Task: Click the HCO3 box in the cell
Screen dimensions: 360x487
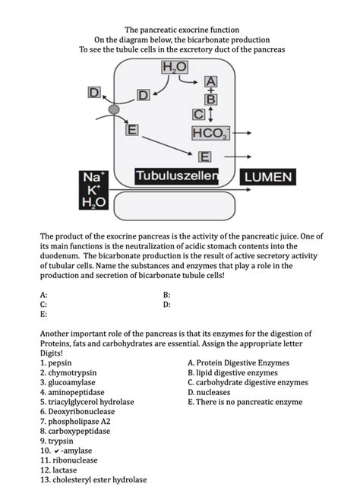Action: pos(210,134)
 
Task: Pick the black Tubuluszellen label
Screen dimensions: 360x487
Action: pos(176,176)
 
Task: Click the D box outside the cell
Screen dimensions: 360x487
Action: pos(94,92)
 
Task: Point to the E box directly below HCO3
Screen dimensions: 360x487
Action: pos(204,157)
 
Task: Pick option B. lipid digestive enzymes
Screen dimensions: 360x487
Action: pos(236,373)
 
